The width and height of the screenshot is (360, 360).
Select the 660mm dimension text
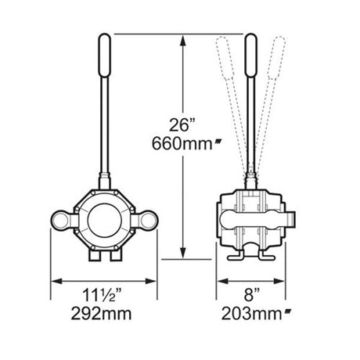click(x=182, y=143)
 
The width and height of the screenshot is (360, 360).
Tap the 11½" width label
click(x=103, y=295)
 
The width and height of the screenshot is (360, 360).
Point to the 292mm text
click(x=101, y=313)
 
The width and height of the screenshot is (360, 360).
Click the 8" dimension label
click(x=252, y=295)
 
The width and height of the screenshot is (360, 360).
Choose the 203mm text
click(x=252, y=313)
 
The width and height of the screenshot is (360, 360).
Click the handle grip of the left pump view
click(x=105, y=56)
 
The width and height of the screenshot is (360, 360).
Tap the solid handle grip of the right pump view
click(x=251, y=56)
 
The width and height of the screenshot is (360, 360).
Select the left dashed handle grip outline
click(x=225, y=57)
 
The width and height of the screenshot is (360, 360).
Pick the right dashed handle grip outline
click(x=277, y=57)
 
